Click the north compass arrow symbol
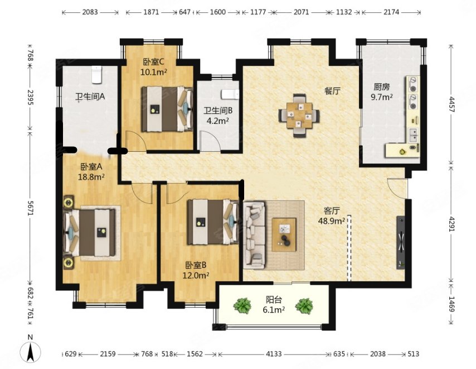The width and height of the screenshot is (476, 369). click(x=30, y=352)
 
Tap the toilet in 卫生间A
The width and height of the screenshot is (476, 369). click(x=97, y=75)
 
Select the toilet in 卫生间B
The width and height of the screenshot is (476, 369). click(x=230, y=94)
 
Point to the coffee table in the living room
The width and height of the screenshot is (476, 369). click(x=284, y=234)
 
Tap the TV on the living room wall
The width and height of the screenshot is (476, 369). click(x=401, y=242)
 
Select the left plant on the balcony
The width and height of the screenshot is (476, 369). click(x=242, y=305)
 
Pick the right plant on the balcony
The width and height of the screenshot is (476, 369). click(x=304, y=306)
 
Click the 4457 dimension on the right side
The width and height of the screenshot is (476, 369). click(x=451, y=104)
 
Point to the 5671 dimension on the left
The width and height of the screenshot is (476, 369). click(x=30, y=208)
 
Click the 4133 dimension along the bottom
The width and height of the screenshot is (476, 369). click(x=274, y=354)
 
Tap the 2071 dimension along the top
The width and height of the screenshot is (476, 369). click(x=301, y=12)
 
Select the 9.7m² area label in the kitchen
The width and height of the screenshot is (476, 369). click(x=382, y=97)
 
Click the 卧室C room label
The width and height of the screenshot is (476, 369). click(x=154, y=62)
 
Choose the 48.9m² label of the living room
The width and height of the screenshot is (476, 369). click(x=331, y=221)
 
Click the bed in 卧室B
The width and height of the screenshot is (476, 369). click(x=213, y=222)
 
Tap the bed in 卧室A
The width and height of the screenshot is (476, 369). click(x=89, y=233)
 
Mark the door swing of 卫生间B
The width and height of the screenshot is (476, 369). click(x=210, y=141)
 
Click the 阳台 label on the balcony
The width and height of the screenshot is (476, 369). click(x=274, y=300)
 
